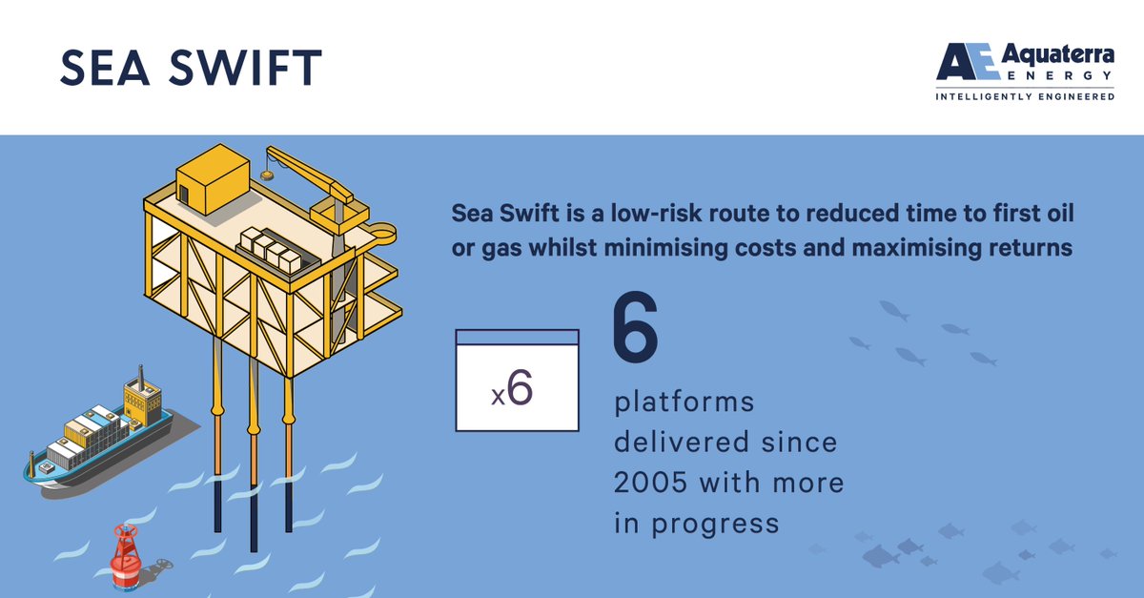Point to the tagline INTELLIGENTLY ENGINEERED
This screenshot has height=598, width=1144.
[x=1025, y=96]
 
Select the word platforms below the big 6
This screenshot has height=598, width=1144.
[x=684, y=402]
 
